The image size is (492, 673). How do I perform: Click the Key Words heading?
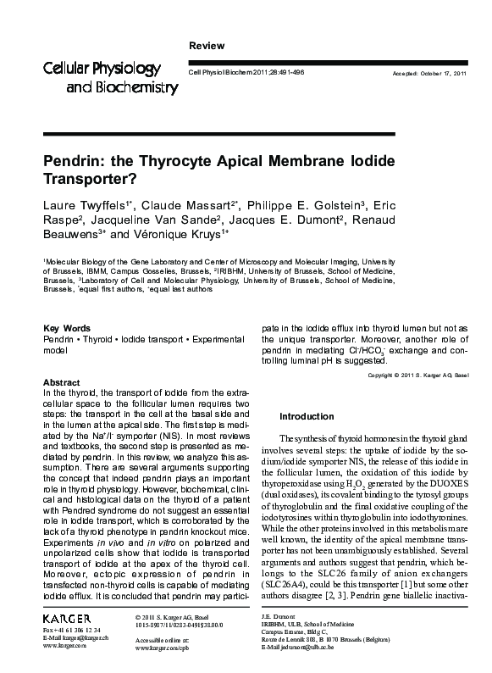click(66, 327)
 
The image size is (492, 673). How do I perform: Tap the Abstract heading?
click(61, 383)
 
